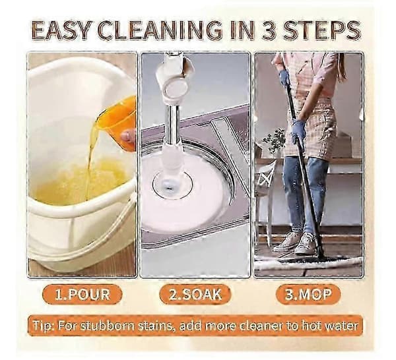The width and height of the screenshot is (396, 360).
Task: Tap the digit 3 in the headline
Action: (270, 30)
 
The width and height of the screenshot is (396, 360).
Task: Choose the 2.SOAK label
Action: (195, 295)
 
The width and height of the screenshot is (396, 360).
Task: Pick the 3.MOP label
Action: (308, 295)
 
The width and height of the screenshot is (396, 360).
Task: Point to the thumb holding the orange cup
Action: (128, 136)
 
